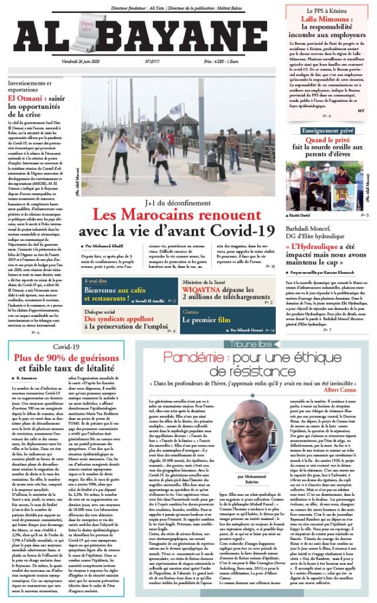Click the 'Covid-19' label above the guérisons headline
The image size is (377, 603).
tap(65, 347)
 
